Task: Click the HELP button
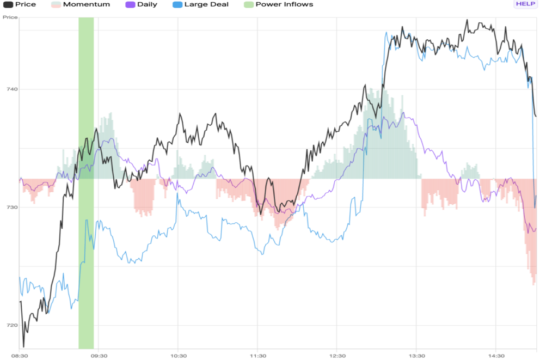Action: point(525,4)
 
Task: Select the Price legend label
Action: point(26,4)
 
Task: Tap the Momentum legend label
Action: point(86,4)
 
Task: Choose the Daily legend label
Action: point(147,4)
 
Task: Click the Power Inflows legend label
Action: point(284,4)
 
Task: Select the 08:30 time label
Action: point(20,356)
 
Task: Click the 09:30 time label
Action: point(99,356)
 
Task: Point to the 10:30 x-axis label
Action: point(178,356)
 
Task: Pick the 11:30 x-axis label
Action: point(257,356)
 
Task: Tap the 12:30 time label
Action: point(337,356)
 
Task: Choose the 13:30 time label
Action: point(416,356)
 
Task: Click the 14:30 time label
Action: point(496,356)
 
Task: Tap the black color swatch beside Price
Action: point(8,4)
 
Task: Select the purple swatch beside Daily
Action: point(130,4)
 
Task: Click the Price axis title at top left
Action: point(10,17)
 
